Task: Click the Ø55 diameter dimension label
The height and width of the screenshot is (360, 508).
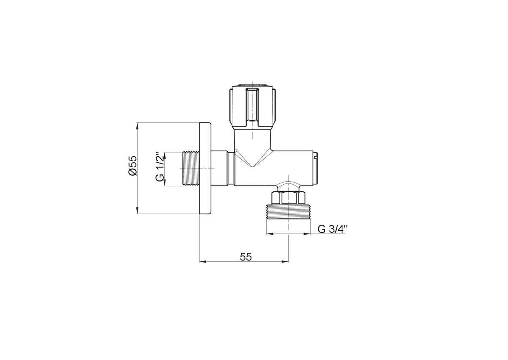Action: (133, 165)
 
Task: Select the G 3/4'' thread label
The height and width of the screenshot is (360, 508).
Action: (332, 229)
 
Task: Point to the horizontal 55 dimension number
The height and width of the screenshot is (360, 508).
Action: (246, 257)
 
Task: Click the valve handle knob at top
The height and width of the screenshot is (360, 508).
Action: (253, 106)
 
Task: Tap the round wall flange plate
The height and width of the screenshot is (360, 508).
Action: (205, 168)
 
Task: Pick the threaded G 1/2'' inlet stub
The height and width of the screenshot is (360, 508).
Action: (191, 168)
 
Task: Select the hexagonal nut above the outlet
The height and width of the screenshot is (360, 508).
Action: (288, 198)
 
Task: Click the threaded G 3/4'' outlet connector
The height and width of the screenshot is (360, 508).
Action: (288, 212)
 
